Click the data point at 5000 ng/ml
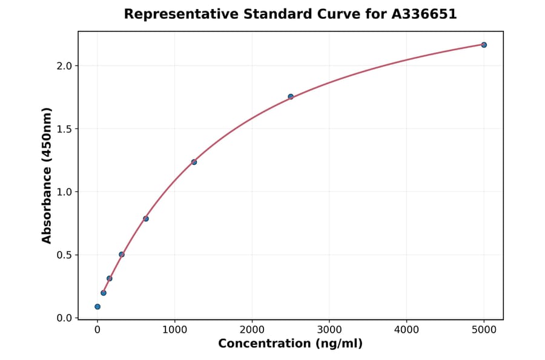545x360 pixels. coord(484,45)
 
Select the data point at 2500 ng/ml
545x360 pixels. coord(291,96)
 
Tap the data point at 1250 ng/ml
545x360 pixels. coord(194,162)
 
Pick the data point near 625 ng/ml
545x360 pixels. coord(146,218)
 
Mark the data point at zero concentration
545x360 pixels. coord(97,307)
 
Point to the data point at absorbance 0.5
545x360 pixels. coord(122,255)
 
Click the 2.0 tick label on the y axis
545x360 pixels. coord(64,65)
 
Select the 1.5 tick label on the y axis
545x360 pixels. coord(64,128)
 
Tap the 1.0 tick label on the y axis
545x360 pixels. coord(64,192)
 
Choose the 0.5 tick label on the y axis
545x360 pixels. coord(64,255)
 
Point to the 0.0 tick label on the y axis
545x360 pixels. coord(64,318)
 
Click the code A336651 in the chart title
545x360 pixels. coord(424,14)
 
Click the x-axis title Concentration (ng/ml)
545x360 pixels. coord(290,344)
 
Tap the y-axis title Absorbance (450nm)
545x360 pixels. coord(47,175)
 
